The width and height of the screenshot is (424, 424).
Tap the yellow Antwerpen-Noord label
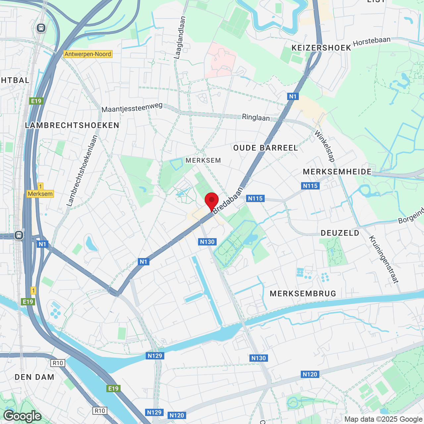click(88, 54)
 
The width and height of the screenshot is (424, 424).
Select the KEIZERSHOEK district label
click(321, 48)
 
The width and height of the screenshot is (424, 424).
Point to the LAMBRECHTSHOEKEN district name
click(72, 125)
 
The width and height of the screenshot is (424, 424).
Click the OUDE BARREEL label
click(266, 148)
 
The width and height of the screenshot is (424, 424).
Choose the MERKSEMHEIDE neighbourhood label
click(337, 172)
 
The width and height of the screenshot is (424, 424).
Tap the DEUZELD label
click(340, 233)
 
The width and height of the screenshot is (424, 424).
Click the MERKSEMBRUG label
click(303, 293)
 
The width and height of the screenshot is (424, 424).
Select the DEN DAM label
click(34, 377)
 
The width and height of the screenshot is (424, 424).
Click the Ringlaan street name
click(256, 117)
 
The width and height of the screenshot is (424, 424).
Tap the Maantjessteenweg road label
click(132, 107)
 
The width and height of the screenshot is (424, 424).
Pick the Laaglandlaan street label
click(180, 38)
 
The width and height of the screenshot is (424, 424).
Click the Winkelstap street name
click(325, 146)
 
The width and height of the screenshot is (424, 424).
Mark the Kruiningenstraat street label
click(383, 259)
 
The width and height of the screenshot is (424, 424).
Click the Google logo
click(22, 416)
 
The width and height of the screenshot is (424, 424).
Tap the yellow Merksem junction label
click(40, 194)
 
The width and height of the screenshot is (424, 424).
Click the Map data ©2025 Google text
click(383, 419)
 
